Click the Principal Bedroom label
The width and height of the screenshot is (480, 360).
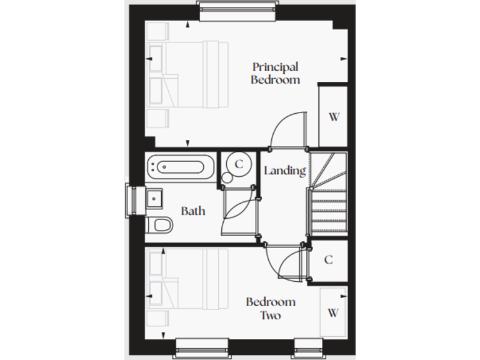tap(275, 73)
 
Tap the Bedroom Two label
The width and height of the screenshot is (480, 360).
tap(270, 309)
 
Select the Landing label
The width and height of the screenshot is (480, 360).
tap(284, 171)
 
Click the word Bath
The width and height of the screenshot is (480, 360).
tap(193, 211)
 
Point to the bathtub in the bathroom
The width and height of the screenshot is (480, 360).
tap(180, 167)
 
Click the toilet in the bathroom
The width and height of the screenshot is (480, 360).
tap(159, 224)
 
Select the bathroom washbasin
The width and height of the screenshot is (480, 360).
tap(154, 199)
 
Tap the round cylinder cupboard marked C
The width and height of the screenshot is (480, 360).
tap(238, 164)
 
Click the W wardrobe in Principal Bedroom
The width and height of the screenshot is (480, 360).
tap(334, 117)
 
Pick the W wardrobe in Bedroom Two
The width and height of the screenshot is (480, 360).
tap(332, 312)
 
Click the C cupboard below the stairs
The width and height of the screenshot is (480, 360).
tap(328, 260)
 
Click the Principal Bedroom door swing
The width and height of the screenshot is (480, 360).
tap(289, 131)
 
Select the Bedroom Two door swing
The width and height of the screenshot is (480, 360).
tap(285, 262)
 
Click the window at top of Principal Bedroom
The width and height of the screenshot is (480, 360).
tap(237, 9)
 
